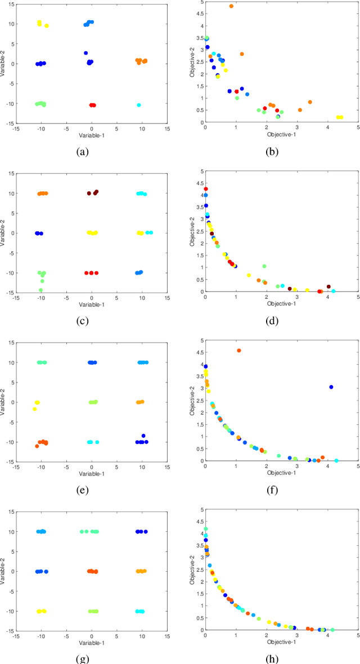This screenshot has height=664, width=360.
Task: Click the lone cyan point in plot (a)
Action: (x=139, y=105)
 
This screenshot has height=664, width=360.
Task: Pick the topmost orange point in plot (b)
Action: (x=231, y=6)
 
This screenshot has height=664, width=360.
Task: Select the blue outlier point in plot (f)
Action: (x=331, y=387)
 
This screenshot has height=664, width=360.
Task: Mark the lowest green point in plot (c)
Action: (x=40, y=290)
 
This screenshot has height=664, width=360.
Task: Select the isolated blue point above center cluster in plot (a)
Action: (x=86, y=53)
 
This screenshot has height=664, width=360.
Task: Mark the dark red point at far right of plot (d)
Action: (x=328, y=286)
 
